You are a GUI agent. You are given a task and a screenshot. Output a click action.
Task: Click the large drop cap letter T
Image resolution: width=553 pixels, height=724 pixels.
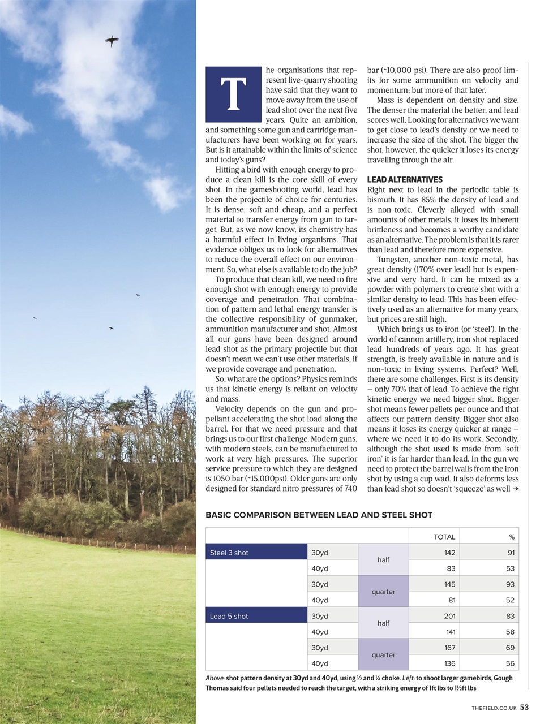234,94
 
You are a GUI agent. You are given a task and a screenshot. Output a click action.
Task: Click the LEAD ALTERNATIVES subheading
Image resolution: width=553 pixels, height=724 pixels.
405,180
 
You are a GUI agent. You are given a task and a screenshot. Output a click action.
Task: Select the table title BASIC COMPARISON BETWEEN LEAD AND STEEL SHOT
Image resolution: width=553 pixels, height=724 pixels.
319,515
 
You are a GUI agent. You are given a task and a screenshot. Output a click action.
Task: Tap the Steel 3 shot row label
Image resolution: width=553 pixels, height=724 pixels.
229,553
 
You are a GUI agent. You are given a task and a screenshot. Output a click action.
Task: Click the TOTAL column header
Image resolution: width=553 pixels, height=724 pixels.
444,537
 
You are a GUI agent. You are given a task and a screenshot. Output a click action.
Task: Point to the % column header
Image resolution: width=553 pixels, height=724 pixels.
512,537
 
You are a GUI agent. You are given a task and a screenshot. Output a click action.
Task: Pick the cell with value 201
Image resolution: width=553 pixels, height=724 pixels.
450,616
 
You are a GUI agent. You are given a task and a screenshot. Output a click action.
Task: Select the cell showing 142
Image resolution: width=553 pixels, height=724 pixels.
450,553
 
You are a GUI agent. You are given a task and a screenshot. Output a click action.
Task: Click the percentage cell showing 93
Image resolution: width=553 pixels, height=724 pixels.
510,584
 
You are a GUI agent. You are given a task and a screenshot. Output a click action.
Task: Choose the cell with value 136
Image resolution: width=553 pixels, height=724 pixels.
450,663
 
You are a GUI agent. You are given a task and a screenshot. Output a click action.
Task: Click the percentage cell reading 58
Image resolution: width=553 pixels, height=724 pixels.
510,632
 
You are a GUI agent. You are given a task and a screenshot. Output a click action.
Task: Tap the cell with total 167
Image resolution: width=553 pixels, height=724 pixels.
450,648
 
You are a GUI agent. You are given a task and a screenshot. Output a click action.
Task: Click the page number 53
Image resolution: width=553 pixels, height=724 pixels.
525,707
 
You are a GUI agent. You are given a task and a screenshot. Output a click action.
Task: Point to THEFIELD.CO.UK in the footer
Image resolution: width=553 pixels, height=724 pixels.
494,708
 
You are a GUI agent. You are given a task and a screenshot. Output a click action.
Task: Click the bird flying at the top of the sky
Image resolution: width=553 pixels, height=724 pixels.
112,40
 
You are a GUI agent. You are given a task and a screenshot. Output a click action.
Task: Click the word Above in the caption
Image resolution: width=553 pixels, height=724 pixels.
215,678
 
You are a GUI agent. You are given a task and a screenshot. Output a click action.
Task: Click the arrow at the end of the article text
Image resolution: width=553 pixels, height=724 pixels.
515,489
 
